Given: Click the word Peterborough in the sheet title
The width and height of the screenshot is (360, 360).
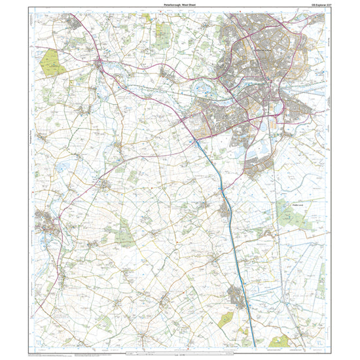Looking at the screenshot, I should click(169, 5).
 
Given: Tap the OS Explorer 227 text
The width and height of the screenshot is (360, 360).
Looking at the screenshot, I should click(315, 5).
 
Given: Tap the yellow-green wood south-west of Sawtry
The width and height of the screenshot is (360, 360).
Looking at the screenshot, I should click(226, 319).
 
